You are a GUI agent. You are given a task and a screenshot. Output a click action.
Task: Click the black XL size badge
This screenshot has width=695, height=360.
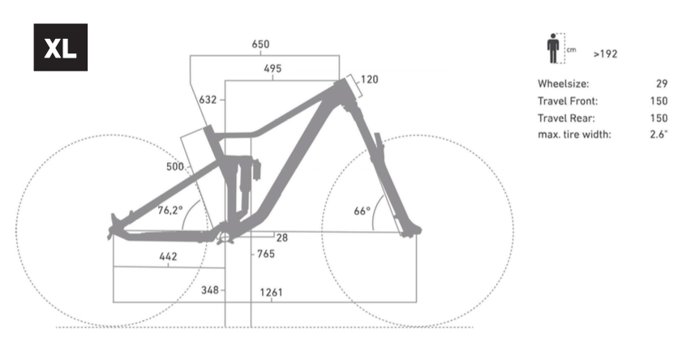(60, 48)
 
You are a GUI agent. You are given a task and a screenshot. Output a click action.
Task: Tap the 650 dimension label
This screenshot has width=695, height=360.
(260, 45)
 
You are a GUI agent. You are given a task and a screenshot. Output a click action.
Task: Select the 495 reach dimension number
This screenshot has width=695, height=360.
(272, 68)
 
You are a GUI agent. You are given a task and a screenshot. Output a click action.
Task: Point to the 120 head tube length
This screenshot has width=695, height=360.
(369, 79)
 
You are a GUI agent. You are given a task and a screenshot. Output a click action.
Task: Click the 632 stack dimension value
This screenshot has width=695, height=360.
(208, 100)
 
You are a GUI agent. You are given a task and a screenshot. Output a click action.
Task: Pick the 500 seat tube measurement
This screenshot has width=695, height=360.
(174, 167)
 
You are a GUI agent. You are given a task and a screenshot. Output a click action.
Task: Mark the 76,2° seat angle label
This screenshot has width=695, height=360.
(169, 210)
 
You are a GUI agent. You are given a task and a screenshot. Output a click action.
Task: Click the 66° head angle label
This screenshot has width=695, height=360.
(362, 211)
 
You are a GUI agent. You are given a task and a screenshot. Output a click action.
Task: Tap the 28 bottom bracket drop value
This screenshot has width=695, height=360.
(282, 238)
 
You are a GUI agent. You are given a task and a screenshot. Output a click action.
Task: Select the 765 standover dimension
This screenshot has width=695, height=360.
(266, 254)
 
